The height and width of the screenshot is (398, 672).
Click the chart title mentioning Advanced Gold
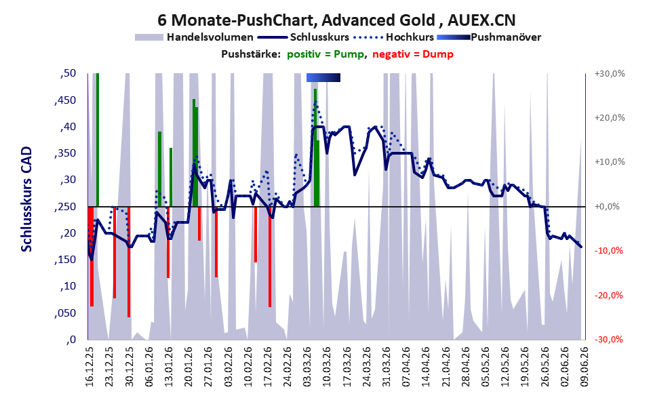pyautogui.click(x=336, y=20)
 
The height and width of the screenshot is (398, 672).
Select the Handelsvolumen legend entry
pyautogui.click(x=194, y=37)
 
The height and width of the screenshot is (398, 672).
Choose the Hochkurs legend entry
pyautogui.click(x=394, y=37)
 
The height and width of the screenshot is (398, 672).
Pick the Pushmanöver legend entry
pyautogui.click(x=489, y=37)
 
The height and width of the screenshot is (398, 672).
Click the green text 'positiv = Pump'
pyautogui.click(x=325, y=54)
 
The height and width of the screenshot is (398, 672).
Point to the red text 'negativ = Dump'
pyautogui.click(x=413, y=54)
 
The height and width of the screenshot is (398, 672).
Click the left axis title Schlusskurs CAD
pyautogui.click(x=26, y=199)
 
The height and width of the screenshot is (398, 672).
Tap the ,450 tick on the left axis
pyautogui.click(x=65, y=100)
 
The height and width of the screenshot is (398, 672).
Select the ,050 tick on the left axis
pyautogui.click(x=65, y=313)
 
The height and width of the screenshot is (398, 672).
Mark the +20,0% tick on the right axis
pyautogui.click(x=610, y=118)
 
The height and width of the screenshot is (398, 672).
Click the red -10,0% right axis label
pyautogui.click(x=608, y=251)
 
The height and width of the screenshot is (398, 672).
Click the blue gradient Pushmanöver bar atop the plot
pyautogui.click(x=323, y=77)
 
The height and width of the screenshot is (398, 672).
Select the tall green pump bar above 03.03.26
pyautogui.click(x=315, y=148)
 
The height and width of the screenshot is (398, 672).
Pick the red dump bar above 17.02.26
pyautogui.click(x=270, y=257)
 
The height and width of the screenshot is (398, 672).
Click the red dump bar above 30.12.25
pyautogui.click(x=129, y=262)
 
